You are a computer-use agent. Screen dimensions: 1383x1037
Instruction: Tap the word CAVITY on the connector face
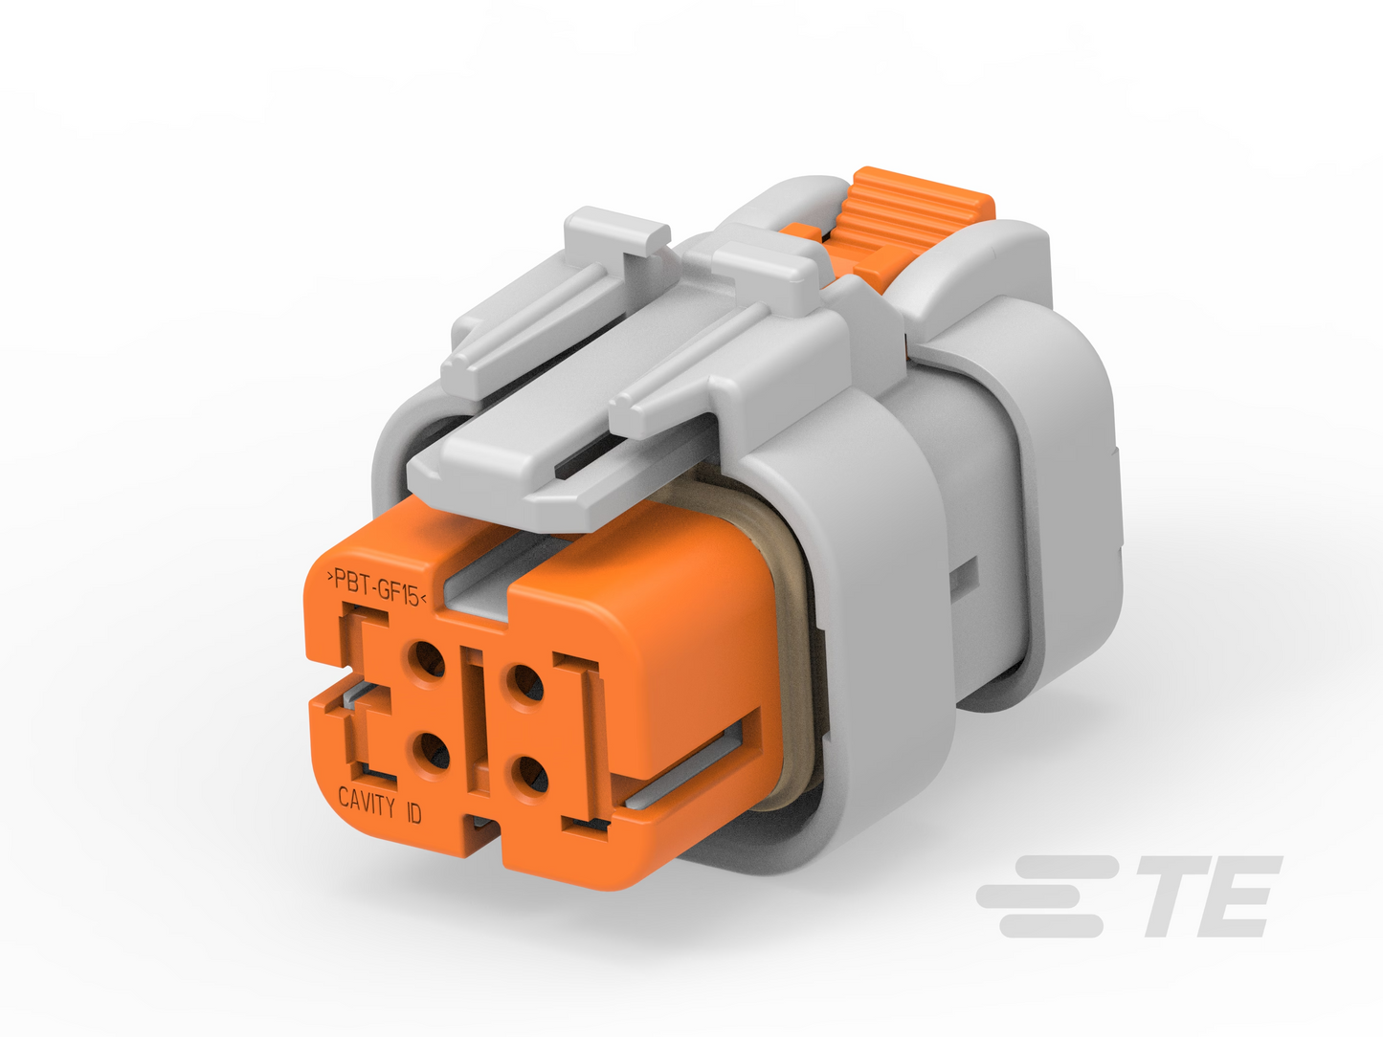(x=367, y=801)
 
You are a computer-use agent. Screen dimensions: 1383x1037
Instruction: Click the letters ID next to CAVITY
(x=413, y=814)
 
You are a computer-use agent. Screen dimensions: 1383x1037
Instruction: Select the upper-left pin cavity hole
(x=426, y=661)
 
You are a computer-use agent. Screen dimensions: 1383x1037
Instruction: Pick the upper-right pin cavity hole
(x=524, y=682)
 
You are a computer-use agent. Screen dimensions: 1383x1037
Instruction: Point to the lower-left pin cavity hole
(x=432, y=754)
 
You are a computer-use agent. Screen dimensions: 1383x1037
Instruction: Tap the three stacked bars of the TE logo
(x=1046, y=896)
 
